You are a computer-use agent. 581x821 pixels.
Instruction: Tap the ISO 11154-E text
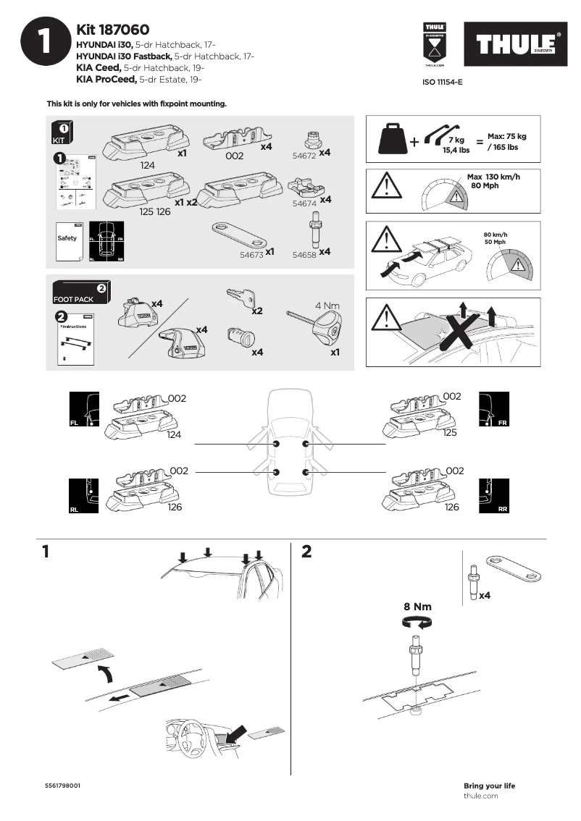[x=442, y=83]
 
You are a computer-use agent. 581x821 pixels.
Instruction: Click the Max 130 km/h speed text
[x=493, y=177]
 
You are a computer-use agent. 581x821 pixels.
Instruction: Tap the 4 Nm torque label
[x=327, y=306]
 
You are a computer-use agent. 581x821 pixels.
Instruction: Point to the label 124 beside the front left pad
[x=174, y=434]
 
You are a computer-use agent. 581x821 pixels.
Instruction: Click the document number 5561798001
[x=62, y=786]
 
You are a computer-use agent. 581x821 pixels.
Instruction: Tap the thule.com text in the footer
[x=480, y=796]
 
